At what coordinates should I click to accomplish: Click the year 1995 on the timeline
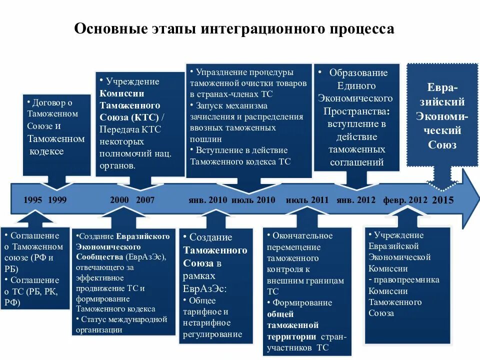tap(32, 200)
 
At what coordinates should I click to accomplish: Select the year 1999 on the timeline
tap(57, 200)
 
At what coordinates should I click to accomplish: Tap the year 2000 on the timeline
tap(119, 200)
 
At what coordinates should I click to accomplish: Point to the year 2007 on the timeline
tap(145, 200)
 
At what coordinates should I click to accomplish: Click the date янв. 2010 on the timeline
tap(207, 200)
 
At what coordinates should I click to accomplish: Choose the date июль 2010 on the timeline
tap(253, 200)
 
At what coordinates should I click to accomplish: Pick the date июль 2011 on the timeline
tap(307, 200)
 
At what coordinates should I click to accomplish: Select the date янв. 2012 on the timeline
tap(355, 200)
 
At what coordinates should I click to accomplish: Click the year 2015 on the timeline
tap(442, 200)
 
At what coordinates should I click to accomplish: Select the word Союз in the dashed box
tap(442, 145)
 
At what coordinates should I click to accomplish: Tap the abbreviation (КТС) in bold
tap(145, 117)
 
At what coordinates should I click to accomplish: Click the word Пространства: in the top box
tap(357, 110)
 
